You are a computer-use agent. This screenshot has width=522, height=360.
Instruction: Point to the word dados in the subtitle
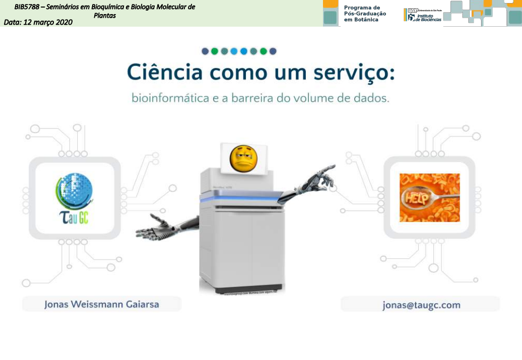tap(373, 98)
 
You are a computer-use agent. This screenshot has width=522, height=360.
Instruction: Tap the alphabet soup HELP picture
tap(429, 197)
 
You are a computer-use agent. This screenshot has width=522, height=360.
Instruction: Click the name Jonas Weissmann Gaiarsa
tap(101, 304)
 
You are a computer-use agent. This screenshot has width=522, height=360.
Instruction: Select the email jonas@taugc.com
tap(421, 305)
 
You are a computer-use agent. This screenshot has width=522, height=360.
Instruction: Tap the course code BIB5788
tap(28, 7)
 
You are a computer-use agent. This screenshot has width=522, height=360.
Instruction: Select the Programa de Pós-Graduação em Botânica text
tap(365, 14)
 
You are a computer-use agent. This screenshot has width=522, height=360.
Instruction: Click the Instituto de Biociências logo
tap(423, 15)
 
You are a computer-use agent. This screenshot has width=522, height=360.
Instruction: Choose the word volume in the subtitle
tap(322, 98)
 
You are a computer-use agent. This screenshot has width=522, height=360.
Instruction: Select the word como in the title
tap(239, 72)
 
